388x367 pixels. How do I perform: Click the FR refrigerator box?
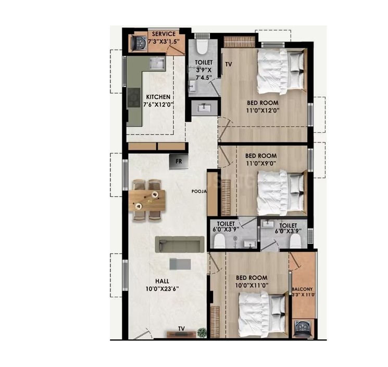coord(179,161)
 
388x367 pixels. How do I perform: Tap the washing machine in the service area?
coord(139,43)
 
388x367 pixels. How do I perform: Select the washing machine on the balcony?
coord(303,328)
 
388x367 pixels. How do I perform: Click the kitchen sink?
coord(157,64)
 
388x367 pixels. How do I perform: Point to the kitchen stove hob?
coord(133,97)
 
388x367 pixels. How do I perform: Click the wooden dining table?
coord(147,200)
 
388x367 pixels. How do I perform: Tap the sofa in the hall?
coord(179,244)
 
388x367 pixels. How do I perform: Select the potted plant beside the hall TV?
coord(202,332)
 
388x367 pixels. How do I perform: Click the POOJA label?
coord(199,191)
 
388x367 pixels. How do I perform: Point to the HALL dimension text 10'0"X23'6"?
coord(162,288)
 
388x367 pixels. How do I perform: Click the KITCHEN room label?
coord(158,97)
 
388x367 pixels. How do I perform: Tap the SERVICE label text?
coord(164,34)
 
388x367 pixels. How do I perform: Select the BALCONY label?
coord(302,289)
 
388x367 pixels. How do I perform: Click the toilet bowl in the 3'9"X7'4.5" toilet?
coord(202,47)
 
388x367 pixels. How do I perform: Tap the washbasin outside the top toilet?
coord(204,108)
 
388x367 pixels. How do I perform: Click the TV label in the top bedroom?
coord(229,65)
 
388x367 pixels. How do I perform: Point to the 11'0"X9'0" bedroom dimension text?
coord(260,163)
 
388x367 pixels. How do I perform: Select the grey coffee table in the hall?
coord(180,264)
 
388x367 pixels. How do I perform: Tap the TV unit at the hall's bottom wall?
coord(181,334)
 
